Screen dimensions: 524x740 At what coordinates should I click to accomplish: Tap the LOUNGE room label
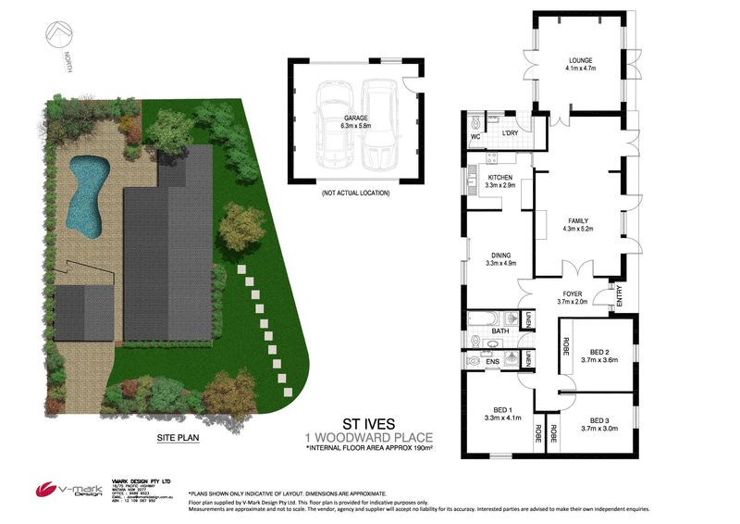pyautogui.click(x=580, y=61)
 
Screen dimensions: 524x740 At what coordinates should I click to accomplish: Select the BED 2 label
pyautogui.click(x=600, y=352)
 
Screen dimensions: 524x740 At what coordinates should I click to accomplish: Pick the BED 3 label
pyautogui.click(x=600, y=420)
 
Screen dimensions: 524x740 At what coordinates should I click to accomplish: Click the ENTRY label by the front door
pyautogui.click(x=619, y=293)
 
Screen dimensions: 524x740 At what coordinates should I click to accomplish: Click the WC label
pyautogui.click(x=475, y=137)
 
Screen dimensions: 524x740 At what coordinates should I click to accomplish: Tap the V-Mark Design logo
pyautogui.click(x=64, y=490)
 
